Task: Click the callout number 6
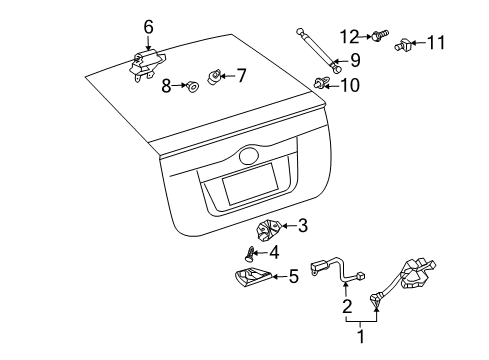[148, 26]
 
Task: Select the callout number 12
[348, 36]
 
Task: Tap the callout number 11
[436, 43]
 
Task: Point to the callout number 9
[354, 61]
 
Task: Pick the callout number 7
[240, 75]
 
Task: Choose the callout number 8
[168, 86]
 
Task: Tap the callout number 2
[346, 305]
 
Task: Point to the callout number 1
[359, 337]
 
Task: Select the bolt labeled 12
[380, 37]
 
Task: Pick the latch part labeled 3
[268, 229]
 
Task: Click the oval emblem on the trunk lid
[248, 156]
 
